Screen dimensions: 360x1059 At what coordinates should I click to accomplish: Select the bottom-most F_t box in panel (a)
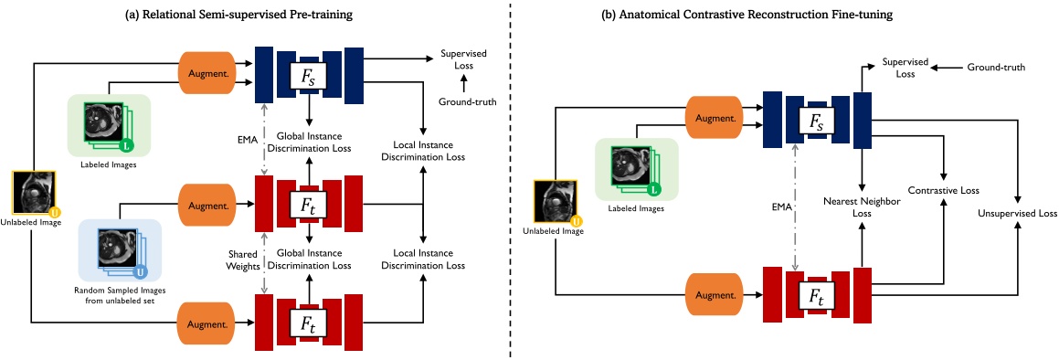[x=310, y=323]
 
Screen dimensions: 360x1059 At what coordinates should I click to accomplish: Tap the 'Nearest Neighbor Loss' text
[x=861, y=206]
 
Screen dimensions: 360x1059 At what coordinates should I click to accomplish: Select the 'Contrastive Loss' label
[x=943, y=191]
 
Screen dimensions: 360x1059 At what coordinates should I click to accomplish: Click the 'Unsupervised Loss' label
[x=1016, y=213]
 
